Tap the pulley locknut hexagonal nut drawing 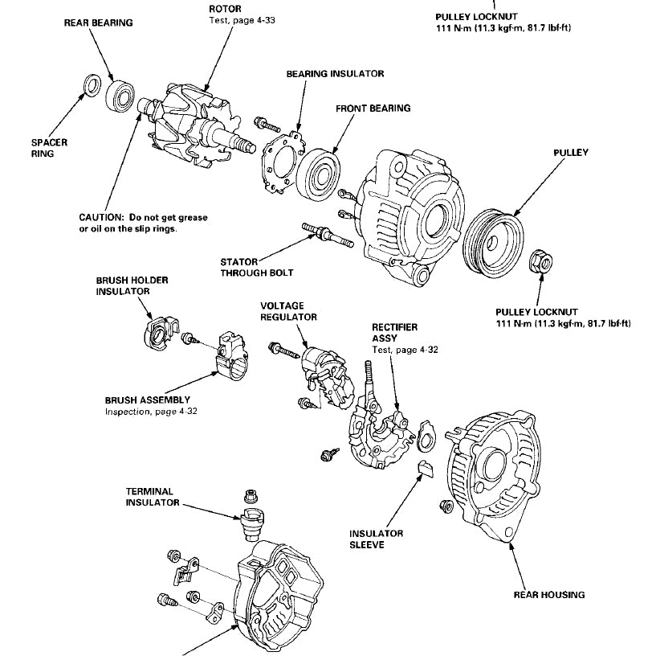pyautogui.click(x=540, y=260)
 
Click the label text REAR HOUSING pyautogui.click(x=548, y=596)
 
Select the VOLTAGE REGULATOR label pyautogui.click(x=288, y=311)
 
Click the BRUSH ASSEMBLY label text pyautogui.click(x=147, y=400)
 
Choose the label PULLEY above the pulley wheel pyautogui.click(x=571, y=152)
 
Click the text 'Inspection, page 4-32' pyautogui.click(x=151, y=412)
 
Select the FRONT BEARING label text pyautogui.click(x=373, y=108)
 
